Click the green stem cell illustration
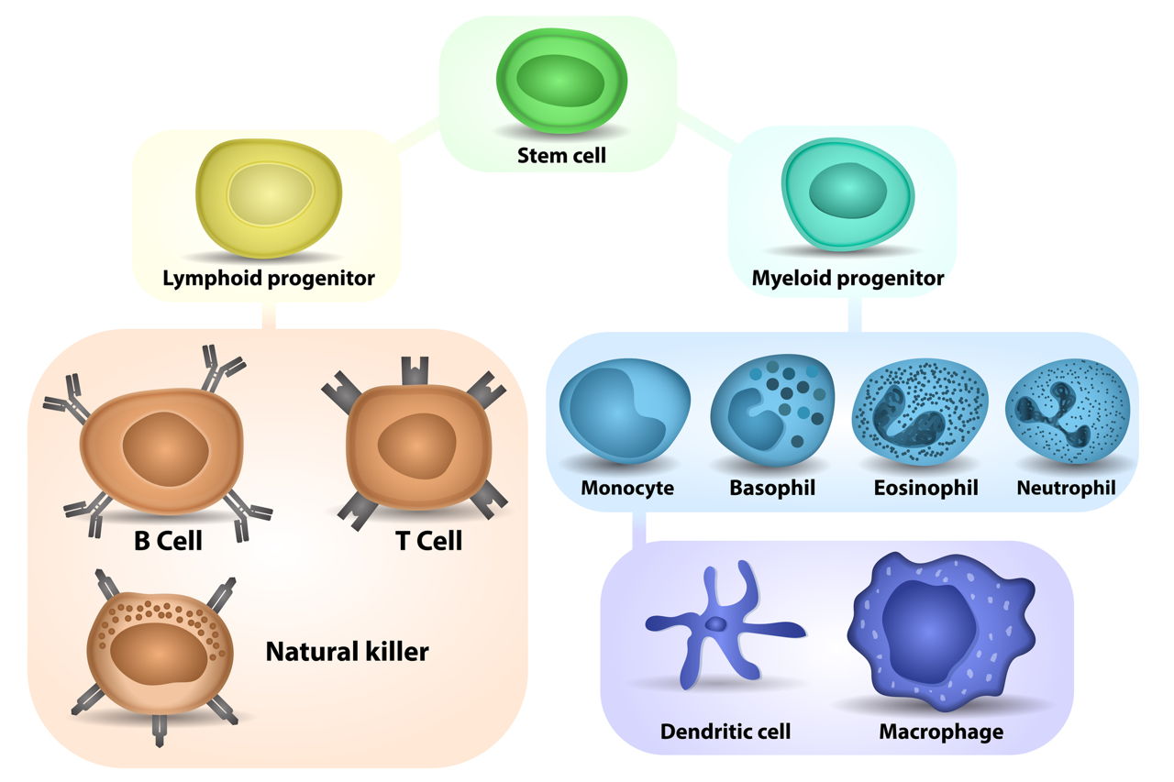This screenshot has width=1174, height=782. tap(562, 82)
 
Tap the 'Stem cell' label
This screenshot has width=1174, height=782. tap(562, 155)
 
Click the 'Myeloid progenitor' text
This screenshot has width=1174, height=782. tap(847, 277)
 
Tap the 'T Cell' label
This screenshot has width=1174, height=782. tap(428, 541)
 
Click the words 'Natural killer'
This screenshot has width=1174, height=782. tap(347, 652)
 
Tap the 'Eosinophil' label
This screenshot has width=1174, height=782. tap(925, 488)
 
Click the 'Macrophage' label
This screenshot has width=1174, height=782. tap(941, 732)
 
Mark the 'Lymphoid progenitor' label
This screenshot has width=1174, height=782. tap(269, 278)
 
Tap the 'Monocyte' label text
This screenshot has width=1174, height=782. tap(627, 488)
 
